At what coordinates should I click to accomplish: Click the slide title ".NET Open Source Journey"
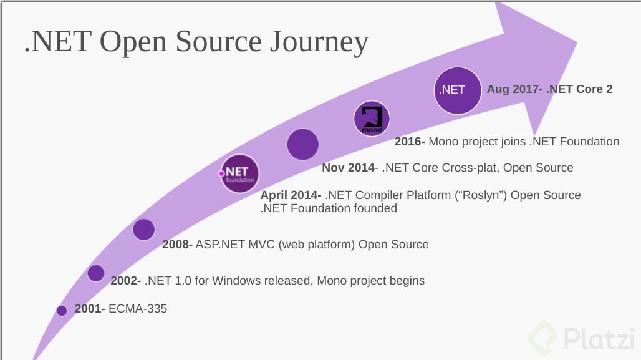coord(196,42)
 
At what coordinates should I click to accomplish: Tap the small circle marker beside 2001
coord(62,310)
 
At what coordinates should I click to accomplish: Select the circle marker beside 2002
coord(95,273)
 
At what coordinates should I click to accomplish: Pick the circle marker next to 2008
coord(143,230)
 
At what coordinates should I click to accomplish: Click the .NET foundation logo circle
coord(239,173)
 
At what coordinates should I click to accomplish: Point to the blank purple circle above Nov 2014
coord(303,144)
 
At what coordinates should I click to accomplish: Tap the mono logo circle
coord(372,118)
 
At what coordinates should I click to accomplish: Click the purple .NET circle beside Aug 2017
coord(458,90)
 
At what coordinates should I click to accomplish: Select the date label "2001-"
coord(90,308)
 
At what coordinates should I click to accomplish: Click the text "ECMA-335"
coord(138,308)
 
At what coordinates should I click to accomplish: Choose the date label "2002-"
coord(126,281)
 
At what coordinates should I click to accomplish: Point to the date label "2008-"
coord(178,245)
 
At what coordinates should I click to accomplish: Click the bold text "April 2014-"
coord(291,195)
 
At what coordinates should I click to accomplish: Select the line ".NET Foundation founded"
coord(329,208)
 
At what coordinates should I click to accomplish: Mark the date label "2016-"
coord(410,142)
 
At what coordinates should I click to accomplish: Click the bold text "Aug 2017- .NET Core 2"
coord(549,89)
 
